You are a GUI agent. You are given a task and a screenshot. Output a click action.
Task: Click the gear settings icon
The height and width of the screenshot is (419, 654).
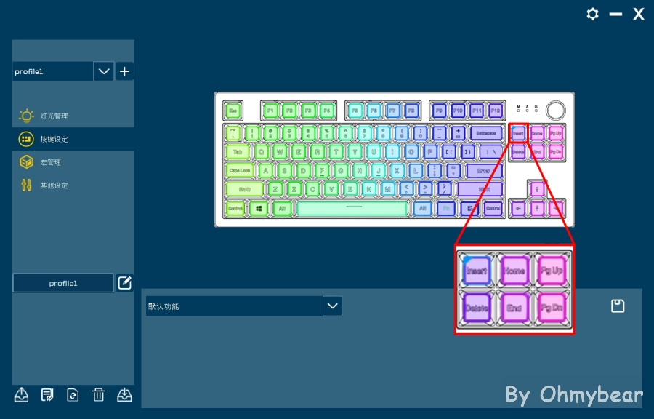pyautogui.click(x=593, y=15)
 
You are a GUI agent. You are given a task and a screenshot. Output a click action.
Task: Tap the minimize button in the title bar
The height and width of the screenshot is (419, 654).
pyautogui.click(x=616, y=15)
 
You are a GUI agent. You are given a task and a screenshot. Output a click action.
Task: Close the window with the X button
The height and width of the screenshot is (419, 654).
pyautogui.click(x=639, y=15)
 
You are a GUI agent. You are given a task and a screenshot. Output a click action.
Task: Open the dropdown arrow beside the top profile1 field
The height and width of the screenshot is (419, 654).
pyautogui.click(x=104, y=71)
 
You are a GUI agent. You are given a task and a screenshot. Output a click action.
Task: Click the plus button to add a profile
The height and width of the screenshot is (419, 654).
pyautogui.click(x=124, y=71)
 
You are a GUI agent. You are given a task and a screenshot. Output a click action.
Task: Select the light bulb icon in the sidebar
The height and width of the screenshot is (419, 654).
pyautogui.click(x=27, y=116)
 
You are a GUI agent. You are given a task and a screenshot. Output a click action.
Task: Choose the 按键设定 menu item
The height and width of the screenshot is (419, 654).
pyautogui.click(x=54, y=139)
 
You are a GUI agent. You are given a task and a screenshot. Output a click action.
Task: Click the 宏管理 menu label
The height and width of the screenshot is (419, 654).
pyautogui.click(x=51, y=162)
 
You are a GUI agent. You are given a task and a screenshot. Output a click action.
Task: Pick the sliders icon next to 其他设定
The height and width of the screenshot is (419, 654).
pyautogui.click(x=27, y=185)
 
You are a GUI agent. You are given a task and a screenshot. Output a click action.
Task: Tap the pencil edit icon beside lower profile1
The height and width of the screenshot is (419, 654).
pyautogui.click(x=124, y=283)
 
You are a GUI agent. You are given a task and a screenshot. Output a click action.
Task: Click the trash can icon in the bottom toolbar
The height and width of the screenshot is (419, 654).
pyautogui.click(x=99, y=395)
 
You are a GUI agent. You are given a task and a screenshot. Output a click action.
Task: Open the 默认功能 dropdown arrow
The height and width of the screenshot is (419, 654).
pyautogui.click(x=332, y=306)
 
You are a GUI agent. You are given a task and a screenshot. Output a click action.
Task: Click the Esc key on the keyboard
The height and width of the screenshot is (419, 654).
pyautogui.click(x=233, y=111)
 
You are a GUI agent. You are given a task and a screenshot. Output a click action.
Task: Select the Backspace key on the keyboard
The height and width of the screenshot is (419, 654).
pyautogui.click(x=486, y=133)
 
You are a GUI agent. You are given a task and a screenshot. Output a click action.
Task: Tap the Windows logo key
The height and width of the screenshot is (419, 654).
pyautogui.click(x=259, y=208)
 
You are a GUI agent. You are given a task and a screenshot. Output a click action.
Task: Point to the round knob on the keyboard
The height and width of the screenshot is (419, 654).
pyautogui.click(x=556, y=110)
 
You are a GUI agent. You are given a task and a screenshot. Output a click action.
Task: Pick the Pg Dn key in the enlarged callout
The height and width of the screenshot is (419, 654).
pyautogui.click(x=551, y=308)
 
